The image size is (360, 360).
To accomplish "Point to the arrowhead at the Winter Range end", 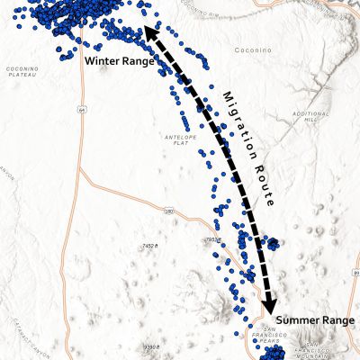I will (x=145, y=33).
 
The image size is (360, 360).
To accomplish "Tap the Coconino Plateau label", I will (x=22, y=73).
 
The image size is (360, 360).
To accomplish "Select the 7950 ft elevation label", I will (x=213, y=240).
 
